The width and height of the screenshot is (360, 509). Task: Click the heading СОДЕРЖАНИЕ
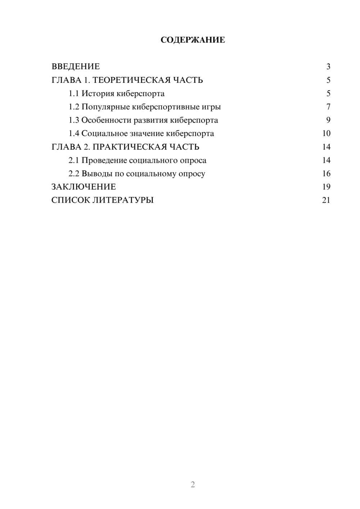[193, 40]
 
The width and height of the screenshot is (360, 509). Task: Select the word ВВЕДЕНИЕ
[76, 67]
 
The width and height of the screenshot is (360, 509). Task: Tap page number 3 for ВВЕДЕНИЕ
[328, 67]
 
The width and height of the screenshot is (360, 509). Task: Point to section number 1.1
[73, 94]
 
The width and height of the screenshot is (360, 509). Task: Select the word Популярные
[105, 107]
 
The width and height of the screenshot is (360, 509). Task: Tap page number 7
[328, 107]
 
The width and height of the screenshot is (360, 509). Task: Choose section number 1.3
[73, 120]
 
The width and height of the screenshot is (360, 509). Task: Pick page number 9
[328, 120]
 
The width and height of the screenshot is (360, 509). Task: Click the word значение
[147, 134]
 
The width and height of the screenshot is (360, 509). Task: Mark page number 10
[326, 134]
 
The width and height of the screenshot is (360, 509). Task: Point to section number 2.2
[73, 174]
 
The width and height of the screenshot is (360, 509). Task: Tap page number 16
[326, 174]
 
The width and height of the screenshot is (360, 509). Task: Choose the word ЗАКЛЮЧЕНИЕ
[84, 187]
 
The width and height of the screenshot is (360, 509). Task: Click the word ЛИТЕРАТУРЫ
[123, 200]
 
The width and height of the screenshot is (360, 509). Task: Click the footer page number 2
[193, 485]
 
